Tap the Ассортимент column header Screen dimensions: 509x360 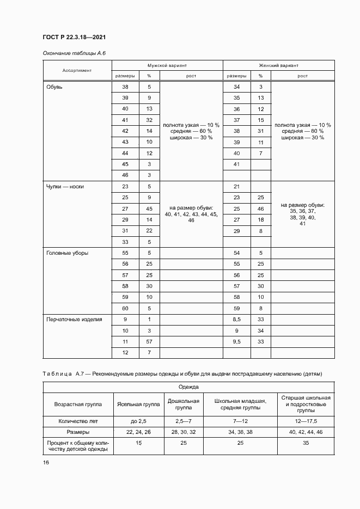(77, 70)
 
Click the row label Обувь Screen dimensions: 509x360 (55, 87)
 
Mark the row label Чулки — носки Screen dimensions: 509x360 (65, 186)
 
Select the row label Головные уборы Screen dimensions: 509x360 (68, 253)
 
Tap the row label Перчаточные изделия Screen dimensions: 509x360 (75, 320)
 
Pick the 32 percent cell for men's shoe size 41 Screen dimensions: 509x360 (149, 120)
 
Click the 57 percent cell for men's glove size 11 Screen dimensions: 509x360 (149, 342)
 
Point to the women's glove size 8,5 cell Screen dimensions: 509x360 (236, 320)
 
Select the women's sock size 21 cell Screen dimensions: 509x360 (236, 186)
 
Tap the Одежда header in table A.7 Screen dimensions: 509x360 (188, 387)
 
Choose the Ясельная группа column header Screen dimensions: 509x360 (138, 405)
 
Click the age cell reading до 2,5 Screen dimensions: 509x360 (138, 421)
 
